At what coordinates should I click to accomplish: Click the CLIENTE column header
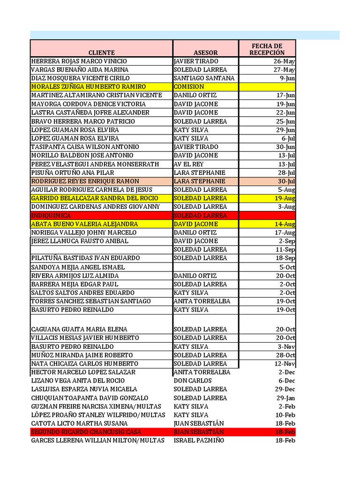point(101,52)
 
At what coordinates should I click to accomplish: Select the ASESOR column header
point(205,52)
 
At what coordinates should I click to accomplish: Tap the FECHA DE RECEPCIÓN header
point(267,49)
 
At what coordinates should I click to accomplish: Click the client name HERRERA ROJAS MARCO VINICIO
point(79,61)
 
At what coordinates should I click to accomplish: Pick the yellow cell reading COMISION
point(189,87)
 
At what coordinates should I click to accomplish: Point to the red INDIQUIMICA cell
point(51,216)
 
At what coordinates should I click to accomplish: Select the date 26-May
point(285,61)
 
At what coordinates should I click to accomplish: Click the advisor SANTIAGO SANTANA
point(204,78)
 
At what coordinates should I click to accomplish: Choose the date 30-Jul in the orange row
point(286,181)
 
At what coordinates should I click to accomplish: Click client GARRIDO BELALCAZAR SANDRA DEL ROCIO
point(95,198)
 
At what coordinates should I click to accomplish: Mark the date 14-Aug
point(285,224)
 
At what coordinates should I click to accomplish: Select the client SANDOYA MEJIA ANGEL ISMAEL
point(78,267)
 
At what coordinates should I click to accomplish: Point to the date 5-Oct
point(287,267)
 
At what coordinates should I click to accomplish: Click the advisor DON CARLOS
point(193,381)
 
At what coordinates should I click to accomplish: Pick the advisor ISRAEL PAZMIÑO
point(199,441)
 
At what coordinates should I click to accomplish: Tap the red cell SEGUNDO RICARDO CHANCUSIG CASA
point(86,432)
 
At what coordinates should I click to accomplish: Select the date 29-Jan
point(286,398)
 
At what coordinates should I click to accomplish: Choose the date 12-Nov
point(285,364)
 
